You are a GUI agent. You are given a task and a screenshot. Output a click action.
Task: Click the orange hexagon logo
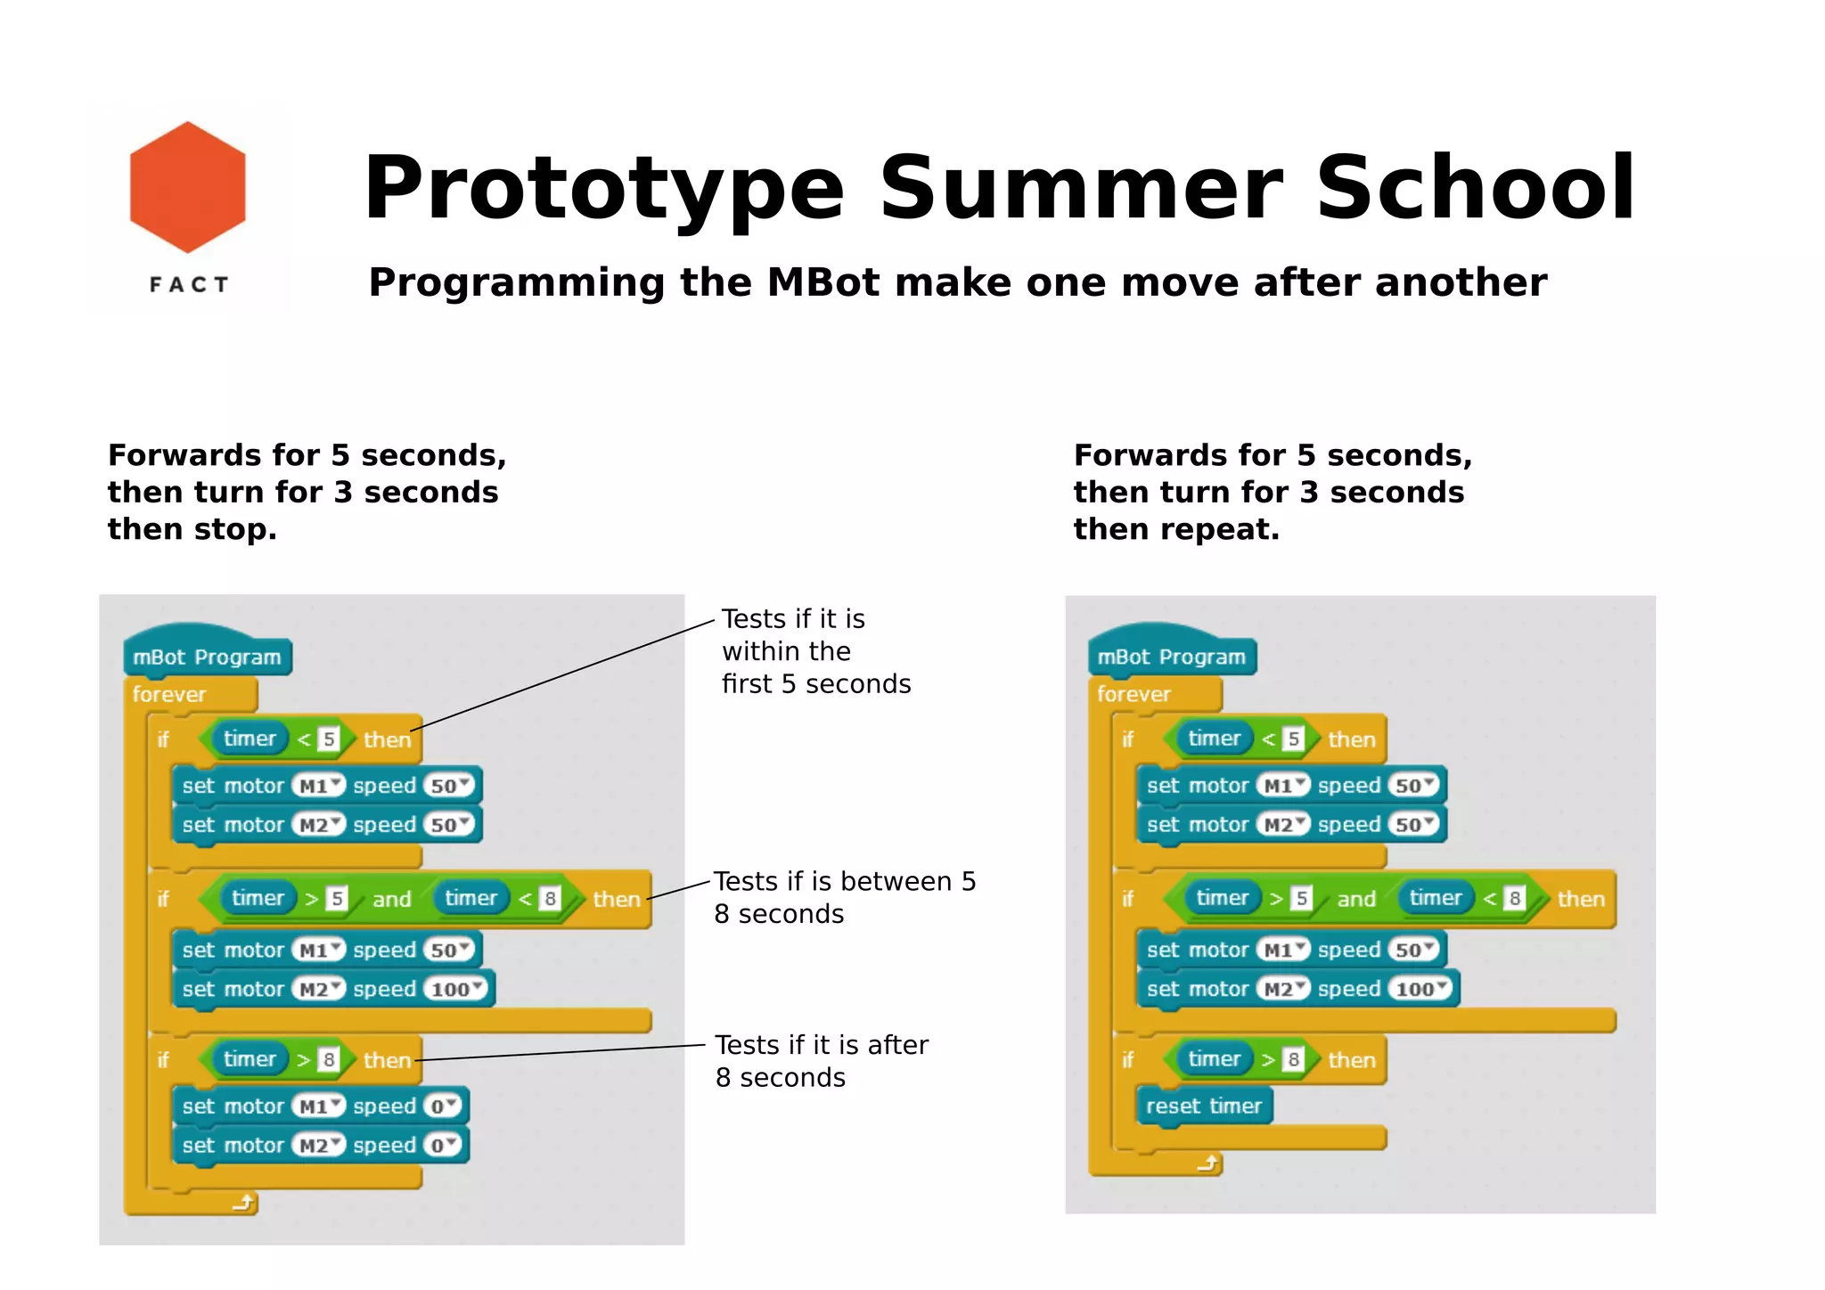coord(187,187)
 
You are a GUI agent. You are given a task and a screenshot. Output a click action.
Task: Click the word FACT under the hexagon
coord(189,285)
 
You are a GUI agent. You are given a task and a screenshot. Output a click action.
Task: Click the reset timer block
coord(1203,1106)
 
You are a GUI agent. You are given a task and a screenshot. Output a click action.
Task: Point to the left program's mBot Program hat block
coord(207,657)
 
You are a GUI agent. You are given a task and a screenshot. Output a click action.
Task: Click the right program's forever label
coord(1133,694)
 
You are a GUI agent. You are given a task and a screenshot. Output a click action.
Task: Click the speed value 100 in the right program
coord(1417,989)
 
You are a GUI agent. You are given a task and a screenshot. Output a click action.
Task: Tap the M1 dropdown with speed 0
coord(317,1106)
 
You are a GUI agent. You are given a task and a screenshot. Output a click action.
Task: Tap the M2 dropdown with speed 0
coord(317,1146)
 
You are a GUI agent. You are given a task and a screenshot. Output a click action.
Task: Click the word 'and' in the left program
coord(392,899)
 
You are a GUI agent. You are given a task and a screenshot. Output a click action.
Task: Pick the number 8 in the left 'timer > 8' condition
coord(329,1059)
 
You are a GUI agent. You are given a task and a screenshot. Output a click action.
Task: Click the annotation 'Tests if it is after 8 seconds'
coord(820,1061)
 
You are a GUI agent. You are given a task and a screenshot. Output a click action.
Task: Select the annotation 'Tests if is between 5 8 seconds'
coord(843,897)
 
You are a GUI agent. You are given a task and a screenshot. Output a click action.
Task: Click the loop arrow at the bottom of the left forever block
coord(242,1204)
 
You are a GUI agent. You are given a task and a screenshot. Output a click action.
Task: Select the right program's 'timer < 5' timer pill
coord(1214,739)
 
